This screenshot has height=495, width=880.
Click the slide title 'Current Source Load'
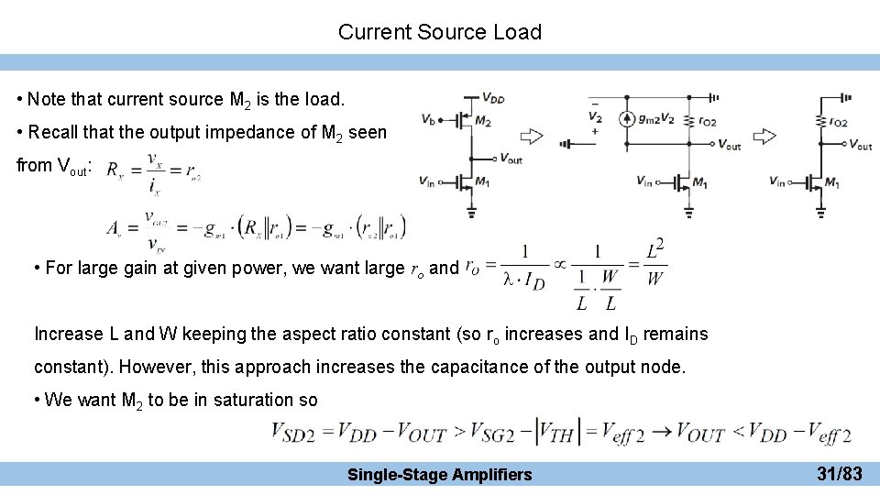tap(440, 32)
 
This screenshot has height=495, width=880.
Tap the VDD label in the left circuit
tap(492, 99)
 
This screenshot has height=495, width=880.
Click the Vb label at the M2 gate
tap(429, 119)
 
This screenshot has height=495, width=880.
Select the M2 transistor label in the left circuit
tap(483, 122)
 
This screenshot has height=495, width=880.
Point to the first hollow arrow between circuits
tap(532, 137)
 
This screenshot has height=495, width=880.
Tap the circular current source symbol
tap(628, 118)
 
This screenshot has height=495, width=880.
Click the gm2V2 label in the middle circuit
tap(656, 118)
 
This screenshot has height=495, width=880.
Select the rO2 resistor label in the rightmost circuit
tap(836, 122)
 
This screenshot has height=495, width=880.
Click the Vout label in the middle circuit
tap(730, 145)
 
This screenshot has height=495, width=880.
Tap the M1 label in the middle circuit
tap(700, 183)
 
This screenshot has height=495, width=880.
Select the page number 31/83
tap(839, 474)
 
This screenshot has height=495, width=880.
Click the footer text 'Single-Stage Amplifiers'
tap(440, 474)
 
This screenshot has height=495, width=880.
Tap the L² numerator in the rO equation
tap(654, 248)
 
